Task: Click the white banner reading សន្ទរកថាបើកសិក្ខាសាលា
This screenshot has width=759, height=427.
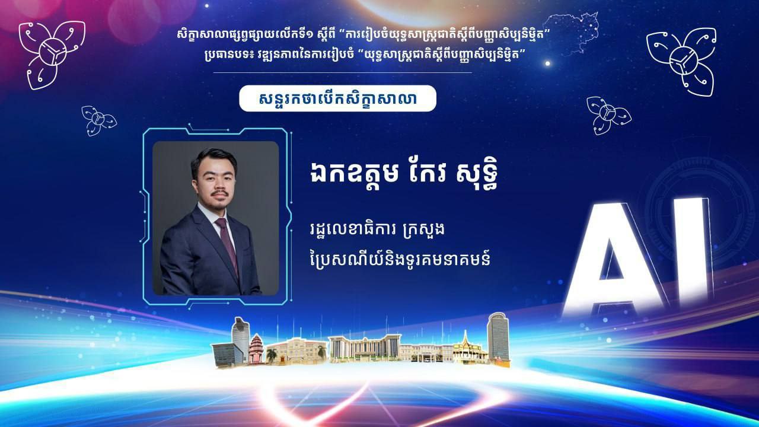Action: coord(337,98)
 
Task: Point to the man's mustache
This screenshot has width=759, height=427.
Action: coord(219,193)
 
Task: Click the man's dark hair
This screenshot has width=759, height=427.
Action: coord(213,162)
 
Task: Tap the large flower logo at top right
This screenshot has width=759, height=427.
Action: coord(682,62)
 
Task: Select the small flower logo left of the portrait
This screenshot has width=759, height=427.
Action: coord(98,120)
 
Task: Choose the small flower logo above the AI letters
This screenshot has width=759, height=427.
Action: coord(608,115)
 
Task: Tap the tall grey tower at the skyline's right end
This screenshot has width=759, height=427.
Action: coord(499,338)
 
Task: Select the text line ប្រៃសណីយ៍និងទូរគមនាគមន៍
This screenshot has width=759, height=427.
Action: coord(400,259)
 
